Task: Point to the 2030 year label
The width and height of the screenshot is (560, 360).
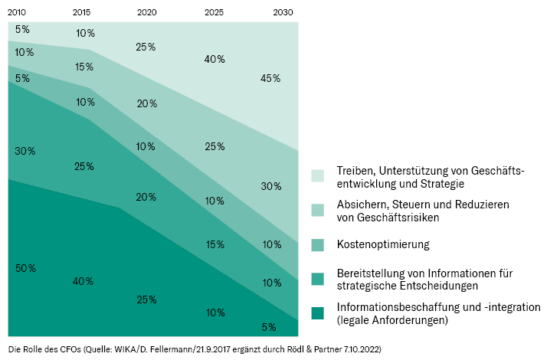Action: pos(282,12)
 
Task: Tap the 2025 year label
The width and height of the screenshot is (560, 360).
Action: pos(215,12)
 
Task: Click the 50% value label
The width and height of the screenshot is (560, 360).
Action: pos(25,268)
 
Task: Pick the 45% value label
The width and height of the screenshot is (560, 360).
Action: pos(270,78)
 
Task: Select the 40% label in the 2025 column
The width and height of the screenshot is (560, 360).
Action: pos(215,59)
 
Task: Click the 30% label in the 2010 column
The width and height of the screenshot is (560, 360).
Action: pos(25,151)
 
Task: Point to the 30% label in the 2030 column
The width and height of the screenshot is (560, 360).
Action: pos(270,186)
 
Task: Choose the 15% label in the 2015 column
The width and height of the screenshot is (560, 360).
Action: pos(84,67)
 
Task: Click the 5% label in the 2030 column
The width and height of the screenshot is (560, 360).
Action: pos(269,327)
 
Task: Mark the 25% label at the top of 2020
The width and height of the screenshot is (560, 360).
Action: pos(146,47)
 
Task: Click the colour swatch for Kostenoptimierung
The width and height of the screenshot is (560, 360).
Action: pos(318,245)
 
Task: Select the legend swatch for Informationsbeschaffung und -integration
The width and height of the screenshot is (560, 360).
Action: pos(318,313)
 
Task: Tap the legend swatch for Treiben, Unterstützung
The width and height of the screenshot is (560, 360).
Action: pos(318,176)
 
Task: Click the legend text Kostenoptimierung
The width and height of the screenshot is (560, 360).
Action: pos(382,245)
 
